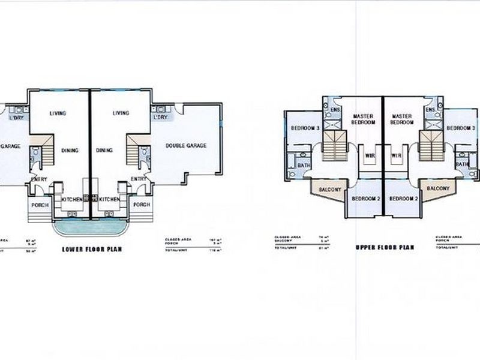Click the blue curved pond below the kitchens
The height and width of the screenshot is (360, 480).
(x=91, y=228)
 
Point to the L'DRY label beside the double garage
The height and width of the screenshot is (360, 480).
(x=160, y=118)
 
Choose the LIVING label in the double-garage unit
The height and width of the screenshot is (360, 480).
(x=121, y=113)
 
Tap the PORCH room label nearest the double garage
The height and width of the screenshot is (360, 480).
(x=141, y=205)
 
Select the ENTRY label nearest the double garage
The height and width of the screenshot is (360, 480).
(x=139, y=178)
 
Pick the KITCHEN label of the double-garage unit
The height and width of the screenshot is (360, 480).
(x=110, y=199)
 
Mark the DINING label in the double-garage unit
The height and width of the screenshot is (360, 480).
(x=104, y=151)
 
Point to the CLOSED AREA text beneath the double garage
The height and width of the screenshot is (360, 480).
(x=174, y=239)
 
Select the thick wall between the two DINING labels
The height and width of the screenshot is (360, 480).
(x=91, y=150)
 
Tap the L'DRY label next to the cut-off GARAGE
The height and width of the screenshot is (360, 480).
(x=16, y=118)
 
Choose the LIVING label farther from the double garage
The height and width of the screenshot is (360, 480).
(x=58, y=113)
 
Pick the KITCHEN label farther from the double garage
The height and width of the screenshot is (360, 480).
(x=71, y=199)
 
